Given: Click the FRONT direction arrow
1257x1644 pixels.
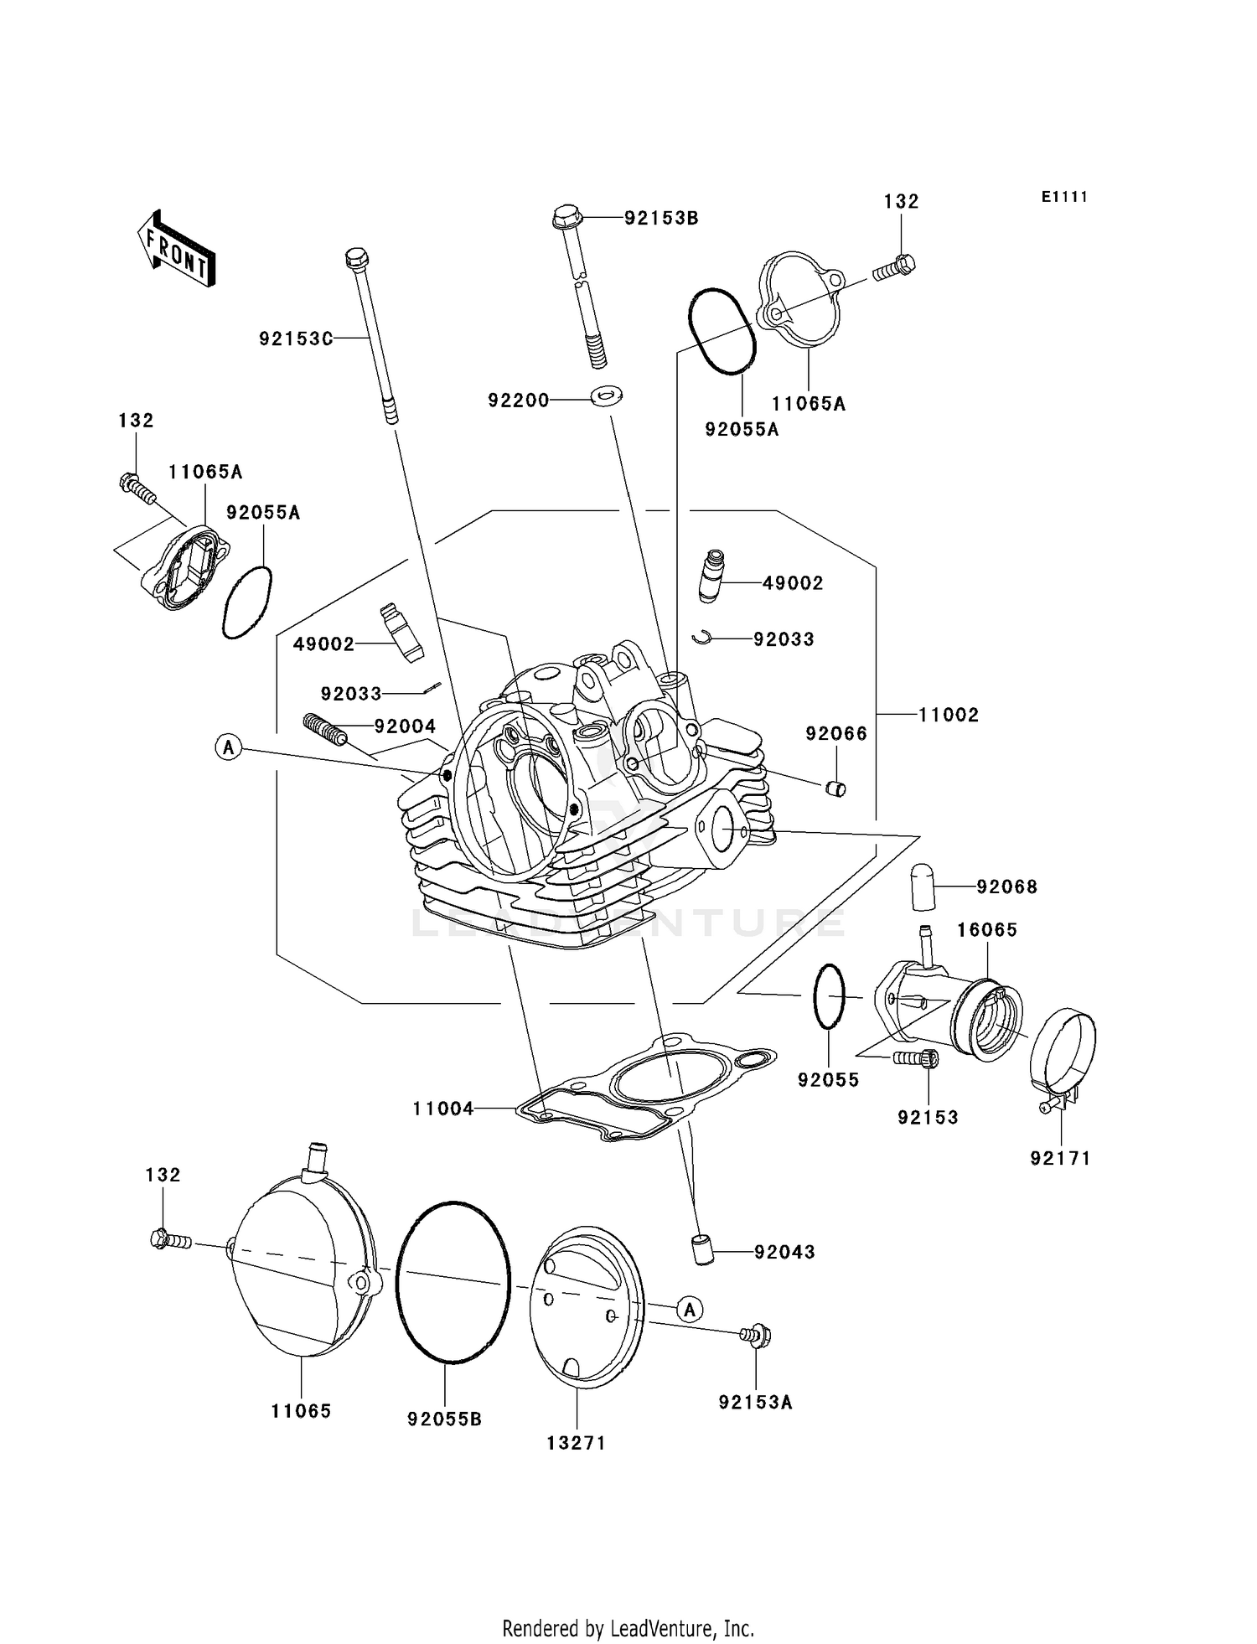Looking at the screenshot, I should (177, 251).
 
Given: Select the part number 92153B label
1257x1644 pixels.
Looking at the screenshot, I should (661, 218).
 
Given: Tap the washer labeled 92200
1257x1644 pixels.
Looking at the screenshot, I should (606, 394).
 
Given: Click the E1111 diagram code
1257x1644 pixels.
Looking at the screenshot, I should (1064, 197).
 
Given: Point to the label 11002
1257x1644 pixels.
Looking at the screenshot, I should (948, 715).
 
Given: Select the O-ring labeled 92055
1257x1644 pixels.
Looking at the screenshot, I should (829, 995).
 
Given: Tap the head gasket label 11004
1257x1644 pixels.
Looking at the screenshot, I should (443, 1109).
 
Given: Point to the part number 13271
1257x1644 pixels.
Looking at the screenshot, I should (576, 1443).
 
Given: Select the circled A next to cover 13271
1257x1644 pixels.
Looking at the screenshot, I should (689, 1309).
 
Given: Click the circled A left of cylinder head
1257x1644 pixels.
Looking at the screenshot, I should (229, 746).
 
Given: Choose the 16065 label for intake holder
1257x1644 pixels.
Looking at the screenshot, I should (987, 930).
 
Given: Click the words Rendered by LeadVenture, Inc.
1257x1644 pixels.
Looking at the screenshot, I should (628, 1628).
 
